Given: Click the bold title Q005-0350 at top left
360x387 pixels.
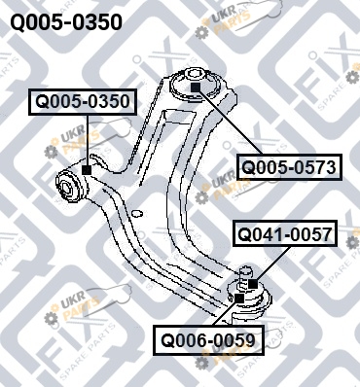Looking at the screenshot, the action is click(66, 22).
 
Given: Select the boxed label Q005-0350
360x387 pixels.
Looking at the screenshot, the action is click(83, 102).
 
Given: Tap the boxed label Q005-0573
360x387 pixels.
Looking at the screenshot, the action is click(289, 167).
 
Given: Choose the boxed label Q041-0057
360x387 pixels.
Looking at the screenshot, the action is click(285, 234).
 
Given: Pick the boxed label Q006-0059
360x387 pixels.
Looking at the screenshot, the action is click(208, 340).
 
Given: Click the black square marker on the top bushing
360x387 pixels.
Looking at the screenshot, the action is click(196, 87).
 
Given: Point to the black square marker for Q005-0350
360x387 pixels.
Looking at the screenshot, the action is click(86, 170).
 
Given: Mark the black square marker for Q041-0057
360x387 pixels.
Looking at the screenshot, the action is click(253, 284).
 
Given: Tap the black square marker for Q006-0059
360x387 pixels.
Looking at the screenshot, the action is click(239, 299).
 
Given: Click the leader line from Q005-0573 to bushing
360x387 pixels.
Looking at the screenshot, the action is click(230, 122).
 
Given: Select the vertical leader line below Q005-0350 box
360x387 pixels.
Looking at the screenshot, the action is click(88, 141).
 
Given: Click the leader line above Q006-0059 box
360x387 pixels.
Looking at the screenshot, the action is click(225, 314).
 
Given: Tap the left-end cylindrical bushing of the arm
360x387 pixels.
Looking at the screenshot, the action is click(69, 187).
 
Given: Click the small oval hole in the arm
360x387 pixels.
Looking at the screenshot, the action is click(137, 213).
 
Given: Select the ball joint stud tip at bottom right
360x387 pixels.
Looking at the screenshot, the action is click(245, 269).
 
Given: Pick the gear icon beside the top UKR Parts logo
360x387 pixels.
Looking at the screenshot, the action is click(201, 33).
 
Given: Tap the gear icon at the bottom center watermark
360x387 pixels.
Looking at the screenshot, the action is click(201, 363).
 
